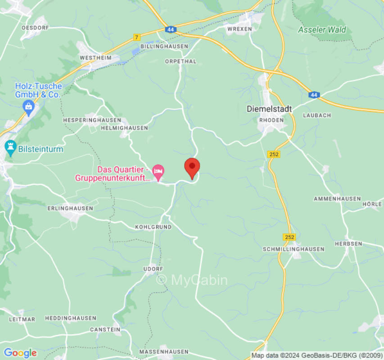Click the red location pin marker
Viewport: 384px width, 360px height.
tap(192, 167)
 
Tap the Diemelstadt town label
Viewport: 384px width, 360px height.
tap(269, 109)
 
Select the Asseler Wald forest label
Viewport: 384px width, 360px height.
tap(322, 30)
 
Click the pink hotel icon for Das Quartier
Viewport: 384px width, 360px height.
tap(158, 171)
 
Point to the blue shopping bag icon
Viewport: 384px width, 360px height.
tap(29, 107)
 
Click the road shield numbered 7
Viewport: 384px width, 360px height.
tap(137, 37)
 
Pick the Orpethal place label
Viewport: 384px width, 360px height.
tap(181, 61)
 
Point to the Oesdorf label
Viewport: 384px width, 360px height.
tap(35, 27)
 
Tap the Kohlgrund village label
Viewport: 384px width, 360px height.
tap(153, 227)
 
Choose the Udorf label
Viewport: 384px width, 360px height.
tap(153, 269)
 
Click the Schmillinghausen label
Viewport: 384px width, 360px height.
tap(294, 249)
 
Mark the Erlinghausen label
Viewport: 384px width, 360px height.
tap(70, 208)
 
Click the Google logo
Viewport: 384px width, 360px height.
tap(20, 353)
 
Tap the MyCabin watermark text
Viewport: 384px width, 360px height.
tap(192, 280)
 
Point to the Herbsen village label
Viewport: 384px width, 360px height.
tap(348, 243)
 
